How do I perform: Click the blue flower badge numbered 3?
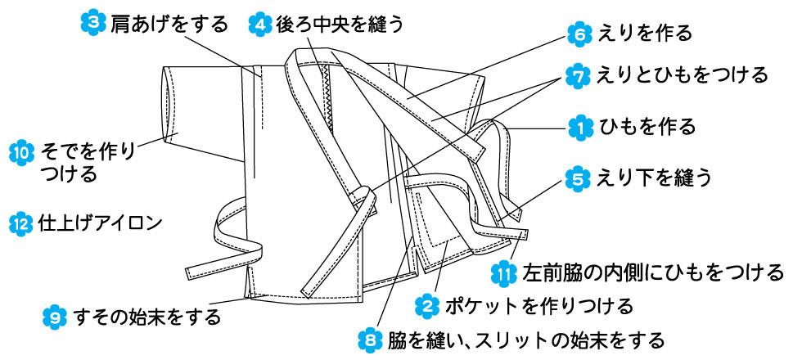tap(96, 24)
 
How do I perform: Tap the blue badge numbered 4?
tap(259, 24)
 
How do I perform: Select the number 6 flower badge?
tap(578, 34)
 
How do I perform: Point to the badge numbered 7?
tap(578, 75)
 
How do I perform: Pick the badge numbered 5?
tap(578, 177)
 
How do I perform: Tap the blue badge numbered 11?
tap(506, 272)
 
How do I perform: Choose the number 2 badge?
tap(427, 307)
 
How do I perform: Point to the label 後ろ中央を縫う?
tap(339, 24)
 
